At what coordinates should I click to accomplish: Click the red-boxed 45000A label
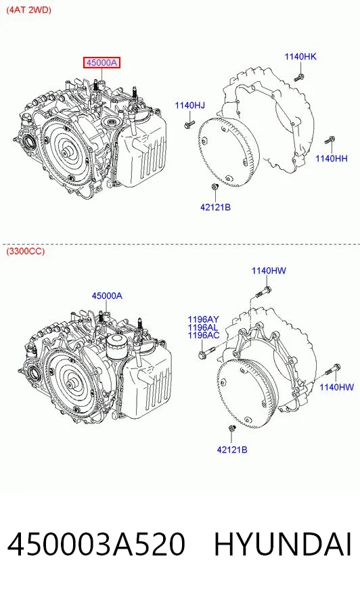point(102,62)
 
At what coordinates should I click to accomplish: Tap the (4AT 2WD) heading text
point(28,9)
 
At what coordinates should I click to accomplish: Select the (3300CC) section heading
point(25,251)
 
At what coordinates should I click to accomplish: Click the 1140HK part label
point(300,56)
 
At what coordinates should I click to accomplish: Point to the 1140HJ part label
point(189,106)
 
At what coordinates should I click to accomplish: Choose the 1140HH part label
point(332,158)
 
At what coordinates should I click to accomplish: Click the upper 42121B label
point(215,207)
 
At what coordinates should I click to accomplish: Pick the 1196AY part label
point(203,319)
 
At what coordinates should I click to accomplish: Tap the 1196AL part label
point(203,327)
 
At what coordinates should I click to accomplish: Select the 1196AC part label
point(204,336)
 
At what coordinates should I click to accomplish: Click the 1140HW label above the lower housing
point(269,271)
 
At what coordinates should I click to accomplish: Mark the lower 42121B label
point(231,449)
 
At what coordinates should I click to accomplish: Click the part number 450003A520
point(96,545)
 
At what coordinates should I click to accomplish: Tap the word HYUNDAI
point(283,545)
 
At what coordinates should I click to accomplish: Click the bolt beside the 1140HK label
point(299,78)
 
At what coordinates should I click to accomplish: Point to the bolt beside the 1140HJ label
point(189,123)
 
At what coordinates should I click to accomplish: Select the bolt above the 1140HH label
point(330,140)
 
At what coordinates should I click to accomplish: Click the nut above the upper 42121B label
point(215,186)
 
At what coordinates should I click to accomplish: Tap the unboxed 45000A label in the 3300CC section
point(107,296)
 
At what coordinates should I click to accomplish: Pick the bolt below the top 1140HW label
point(264,292)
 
